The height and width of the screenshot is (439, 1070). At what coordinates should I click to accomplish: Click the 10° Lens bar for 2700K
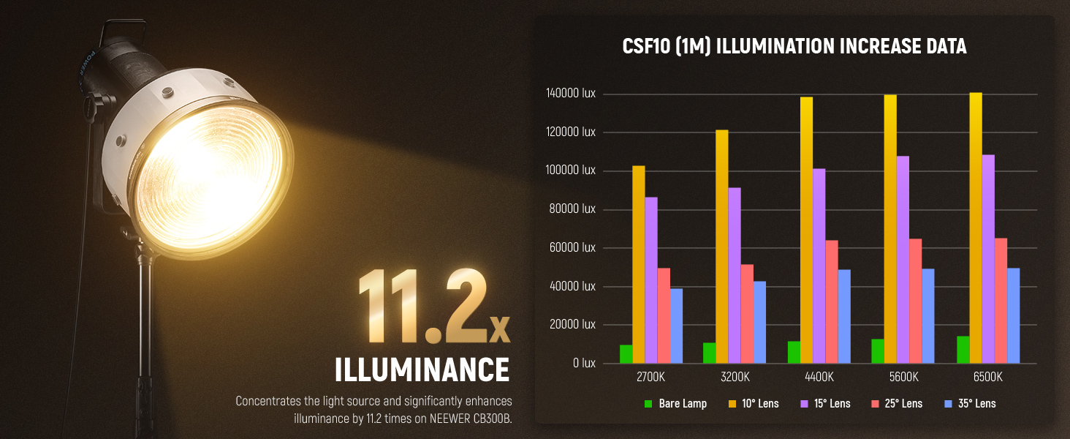[x=639, y=264]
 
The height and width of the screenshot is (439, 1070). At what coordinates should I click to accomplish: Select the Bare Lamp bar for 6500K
[x=963, y=350]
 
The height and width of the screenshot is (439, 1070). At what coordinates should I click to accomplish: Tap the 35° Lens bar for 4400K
[x=844, y=316]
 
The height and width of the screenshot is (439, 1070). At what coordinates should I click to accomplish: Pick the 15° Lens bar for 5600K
[x=903, y=260]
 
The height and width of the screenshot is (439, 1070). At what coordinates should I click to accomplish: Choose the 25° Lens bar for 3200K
[x=747, y=314]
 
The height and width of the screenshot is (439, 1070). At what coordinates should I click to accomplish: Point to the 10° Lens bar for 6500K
[x=976, y=228]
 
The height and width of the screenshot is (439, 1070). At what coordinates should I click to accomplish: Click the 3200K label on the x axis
[x=735, y=377]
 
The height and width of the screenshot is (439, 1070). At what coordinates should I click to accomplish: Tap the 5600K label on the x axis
[x=904, y=377]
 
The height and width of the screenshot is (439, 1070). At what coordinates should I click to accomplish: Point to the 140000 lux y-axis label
[x=570, y=93]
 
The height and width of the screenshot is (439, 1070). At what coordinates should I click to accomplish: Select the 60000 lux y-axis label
[x=572, y=247]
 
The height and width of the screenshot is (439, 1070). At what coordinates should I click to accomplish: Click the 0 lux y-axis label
[x=584, y=363]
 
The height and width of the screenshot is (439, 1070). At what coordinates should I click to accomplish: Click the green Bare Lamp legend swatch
[x=648, y=404]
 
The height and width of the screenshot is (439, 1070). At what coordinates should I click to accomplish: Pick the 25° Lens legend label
[x=903, y=404]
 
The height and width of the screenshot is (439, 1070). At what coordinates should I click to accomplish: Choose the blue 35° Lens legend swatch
[x=949, y=404]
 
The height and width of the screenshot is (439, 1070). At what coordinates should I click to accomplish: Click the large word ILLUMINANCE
[x=422, y=369]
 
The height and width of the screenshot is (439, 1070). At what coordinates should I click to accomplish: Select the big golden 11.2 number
[x=422, y=306]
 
